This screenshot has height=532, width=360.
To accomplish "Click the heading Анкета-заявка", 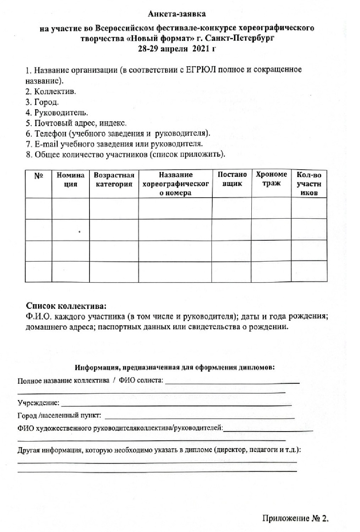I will pyautogui.click(x=176, y=14).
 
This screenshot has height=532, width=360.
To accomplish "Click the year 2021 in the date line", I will pyautogui.click(x=200, y=49).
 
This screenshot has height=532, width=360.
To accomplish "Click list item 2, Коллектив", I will pyautogui.click(x=50, y=92).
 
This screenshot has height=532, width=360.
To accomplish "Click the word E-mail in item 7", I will pyautogui.click(x=46, y=144).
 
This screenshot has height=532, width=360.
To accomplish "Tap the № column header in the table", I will pyautogui.click(x=38, y=176).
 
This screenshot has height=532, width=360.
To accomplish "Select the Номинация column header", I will pyautogui.click(x=70, y=180).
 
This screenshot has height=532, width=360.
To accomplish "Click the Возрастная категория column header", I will pyautogui.click(x=114, y=180).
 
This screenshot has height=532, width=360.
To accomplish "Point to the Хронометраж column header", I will pyautogui.click(x=271, y=179).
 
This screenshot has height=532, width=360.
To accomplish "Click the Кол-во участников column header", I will pyautogui.click(x=309, y=184).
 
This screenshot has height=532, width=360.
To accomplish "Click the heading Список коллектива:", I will pyautogui.click(x=66, y=306).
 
